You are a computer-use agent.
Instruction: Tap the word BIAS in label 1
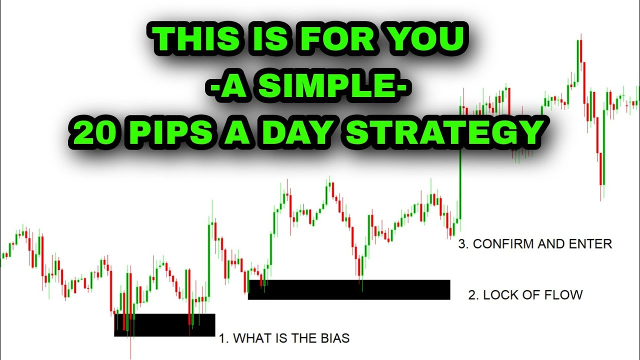point(334,338)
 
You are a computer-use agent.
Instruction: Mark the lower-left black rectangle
point(164,324)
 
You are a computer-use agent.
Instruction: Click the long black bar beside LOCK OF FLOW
point(349,289)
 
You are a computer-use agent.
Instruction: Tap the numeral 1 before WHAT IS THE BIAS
point(222,338)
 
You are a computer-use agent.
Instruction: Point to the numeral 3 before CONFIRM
point(462,244)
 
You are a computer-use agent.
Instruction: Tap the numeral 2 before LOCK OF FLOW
point(472,295)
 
